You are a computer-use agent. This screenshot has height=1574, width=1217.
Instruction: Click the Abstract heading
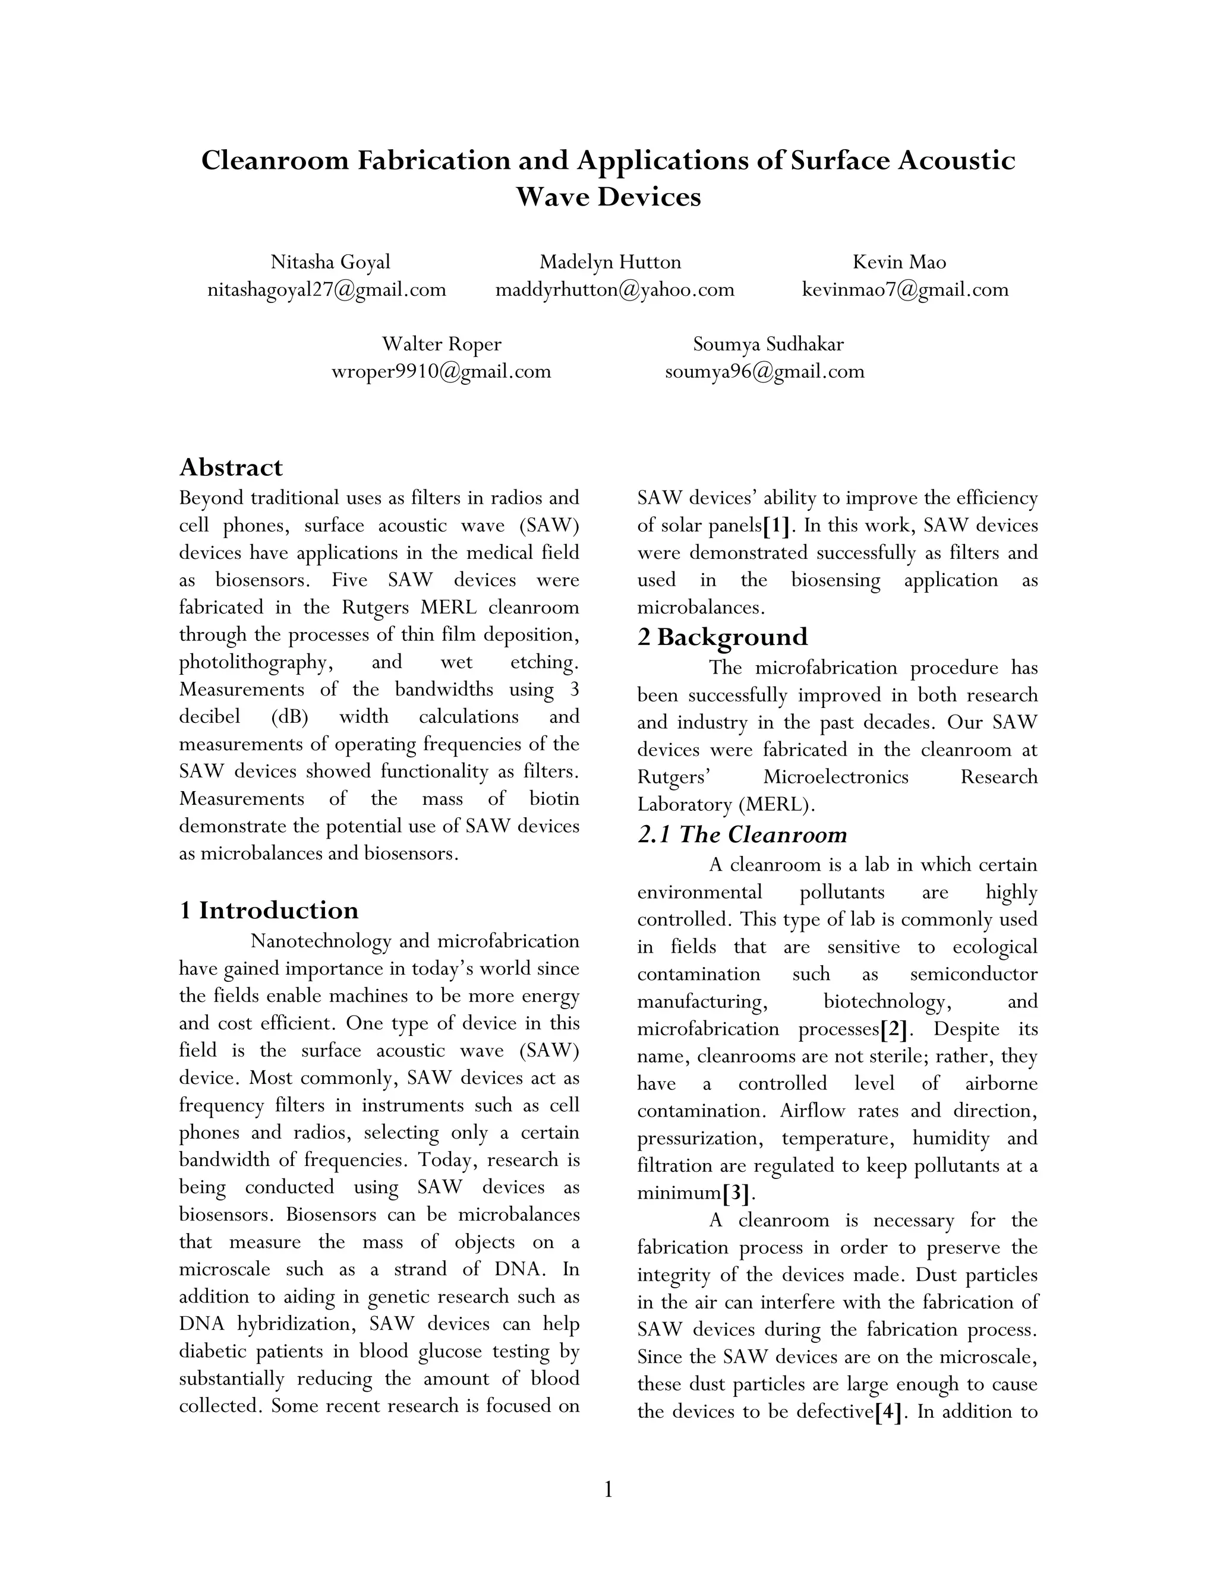pyautogui.click(x=231, y=467)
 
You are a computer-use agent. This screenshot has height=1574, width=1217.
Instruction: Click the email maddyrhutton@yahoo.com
pyautogui.click(x=614, y=290)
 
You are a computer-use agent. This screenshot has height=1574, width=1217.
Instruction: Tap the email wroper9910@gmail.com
pyautogui.click(x=440, y=371)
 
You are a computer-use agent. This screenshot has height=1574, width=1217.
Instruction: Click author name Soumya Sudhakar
pyautogui.click(x=768, y=344)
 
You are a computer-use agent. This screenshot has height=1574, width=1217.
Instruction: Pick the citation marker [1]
pyautogui.click(x=775, y=526)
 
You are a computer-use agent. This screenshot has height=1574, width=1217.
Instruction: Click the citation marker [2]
pyautogui.click(x=893, y=1028)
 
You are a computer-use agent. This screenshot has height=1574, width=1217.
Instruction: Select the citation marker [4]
pyautogui.click(x=888, y=1411)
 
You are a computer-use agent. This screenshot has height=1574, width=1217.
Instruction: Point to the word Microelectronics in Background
pyautogui.click(x=835, y=777)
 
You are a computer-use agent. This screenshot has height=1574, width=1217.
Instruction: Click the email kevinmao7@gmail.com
pyautogui.click(x=905, y=290)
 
